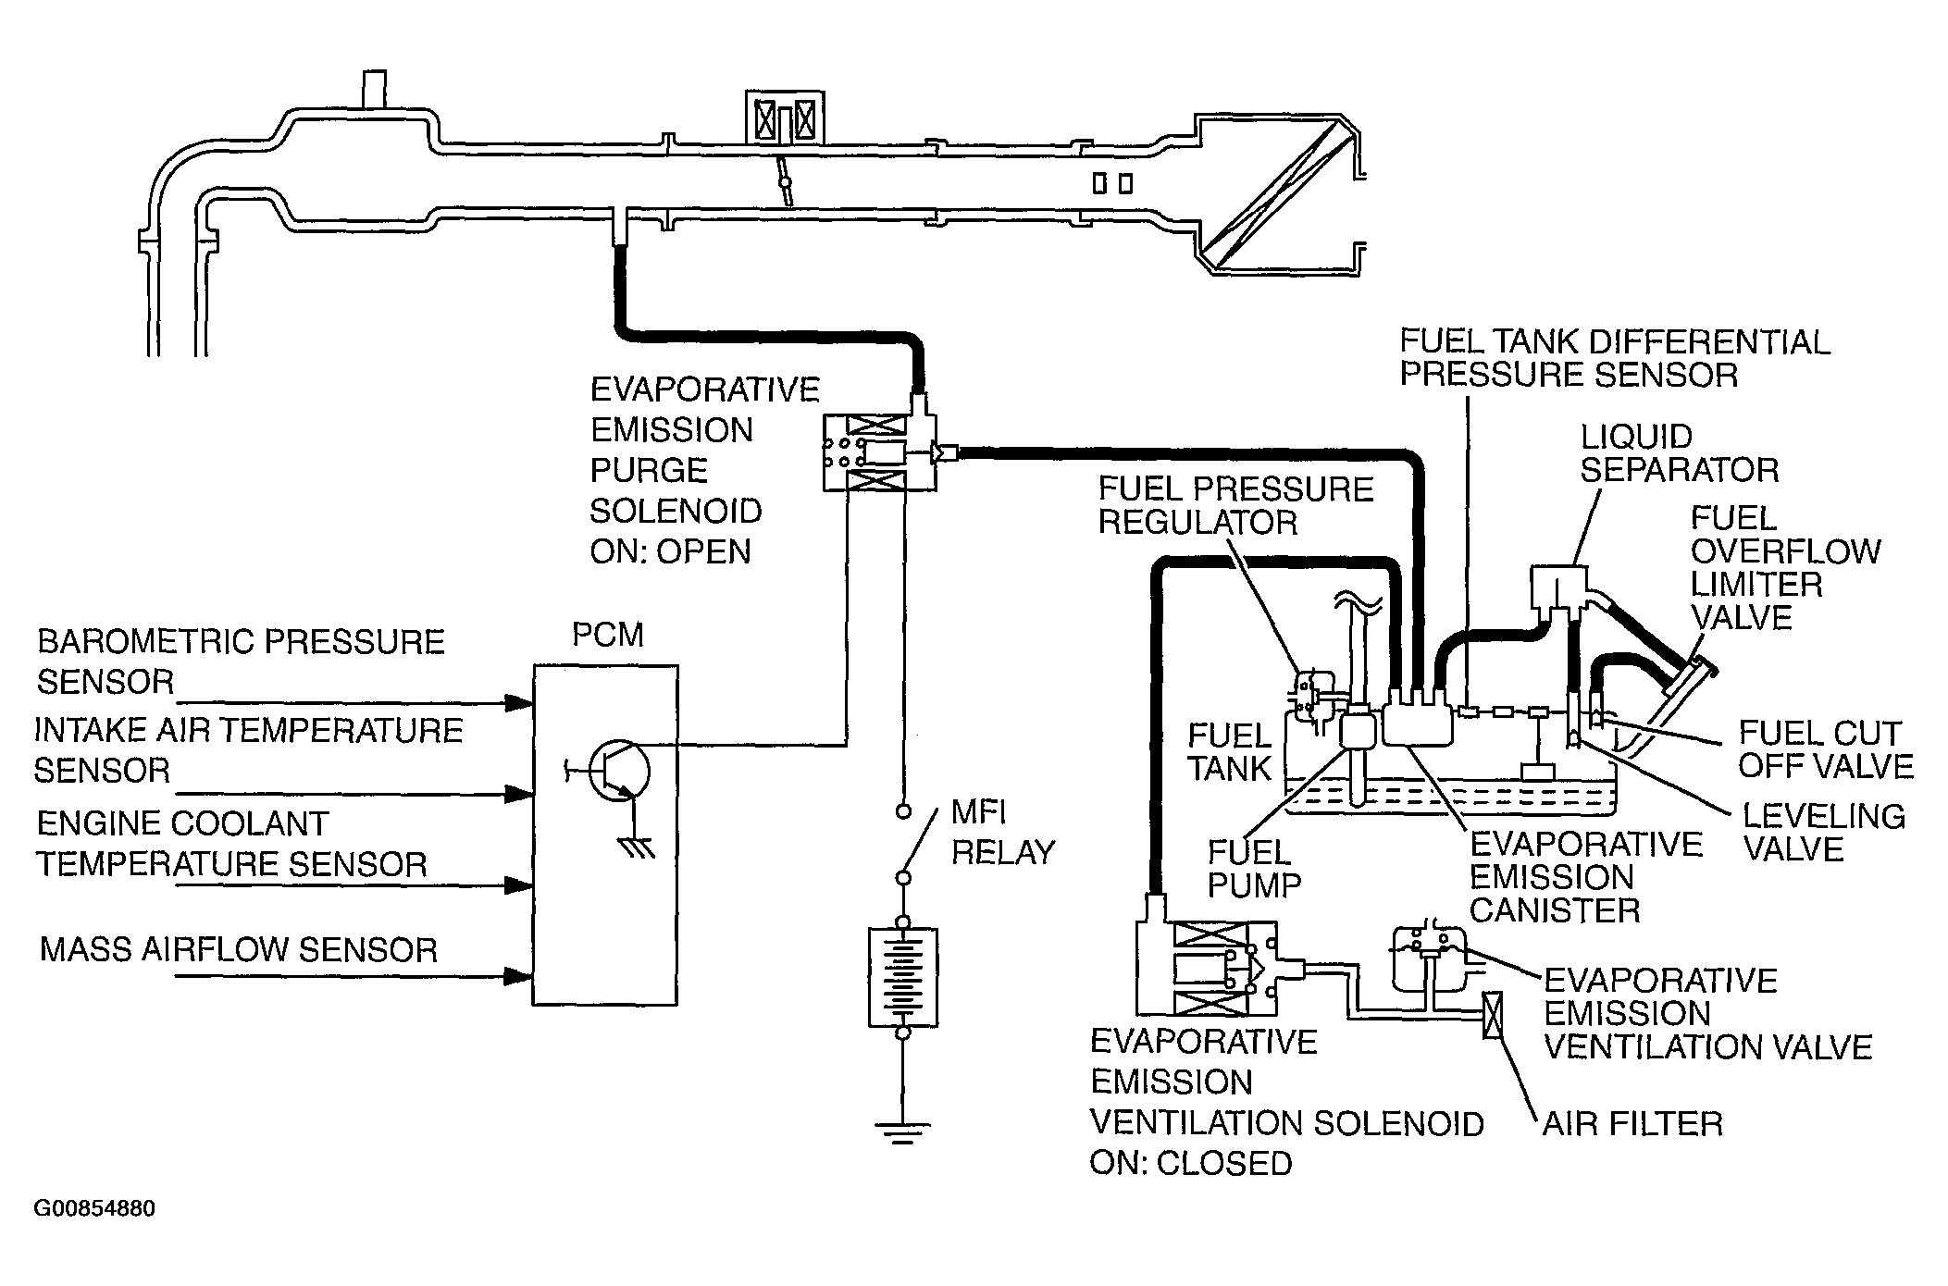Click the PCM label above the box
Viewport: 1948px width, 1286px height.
(x=607, y=636)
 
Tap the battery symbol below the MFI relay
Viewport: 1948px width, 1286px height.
(x=902, y=976)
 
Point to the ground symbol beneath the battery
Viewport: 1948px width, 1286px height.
(x=902, y=1134)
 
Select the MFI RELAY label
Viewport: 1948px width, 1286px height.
(x=1002, y=833)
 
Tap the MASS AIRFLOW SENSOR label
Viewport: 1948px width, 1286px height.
(x=238, y=950)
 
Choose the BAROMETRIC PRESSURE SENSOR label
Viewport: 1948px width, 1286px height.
(x=240, y=662)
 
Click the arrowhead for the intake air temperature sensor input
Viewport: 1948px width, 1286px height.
(x=518, y=794)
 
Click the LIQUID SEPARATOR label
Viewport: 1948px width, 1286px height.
(x=1679, y=453)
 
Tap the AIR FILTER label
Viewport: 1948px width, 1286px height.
(x=1632, y=1123)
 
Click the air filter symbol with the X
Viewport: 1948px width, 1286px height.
(x=1492, y=1015)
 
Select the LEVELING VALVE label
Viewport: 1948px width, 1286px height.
(x=1824, y=832)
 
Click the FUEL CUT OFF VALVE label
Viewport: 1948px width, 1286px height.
(x=1825, y=749)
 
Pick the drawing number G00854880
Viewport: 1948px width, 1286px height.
(x=94, y=1209)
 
